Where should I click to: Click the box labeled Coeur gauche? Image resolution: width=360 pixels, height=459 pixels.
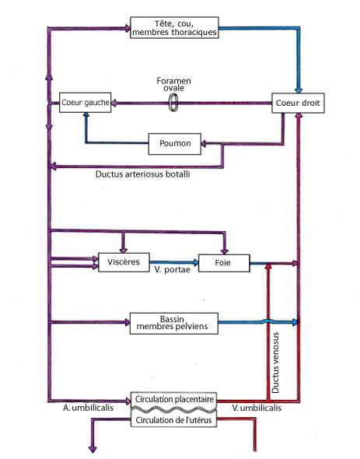pyautogui.click(x=86, y=103)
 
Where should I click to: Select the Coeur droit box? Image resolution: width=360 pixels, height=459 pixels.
pyautogui.click(x=298, y=103)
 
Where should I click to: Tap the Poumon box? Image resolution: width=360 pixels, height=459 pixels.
pyautogui.click(x=175, y=144)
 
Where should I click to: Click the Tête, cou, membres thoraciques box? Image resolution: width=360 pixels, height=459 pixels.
pyautogui.click(x=174, y=27)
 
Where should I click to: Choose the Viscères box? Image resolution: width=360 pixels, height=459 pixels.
pyautogui.click(x=124, y=262)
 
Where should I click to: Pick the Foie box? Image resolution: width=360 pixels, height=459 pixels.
pyautogui.click(x=224, y=263)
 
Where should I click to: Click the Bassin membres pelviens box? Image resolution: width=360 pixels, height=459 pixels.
pyautogui.click(x=174, y=323)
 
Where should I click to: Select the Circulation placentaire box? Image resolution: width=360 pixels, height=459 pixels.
pyautogui.click(x=174, y=399)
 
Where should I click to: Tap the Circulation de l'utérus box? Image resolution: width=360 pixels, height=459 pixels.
pyautogui.click(x=173, y=420)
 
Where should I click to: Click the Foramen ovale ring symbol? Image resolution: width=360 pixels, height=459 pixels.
pyautogui.click(x=173, y=103)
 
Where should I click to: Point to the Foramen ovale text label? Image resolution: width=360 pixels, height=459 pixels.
pyautogui.click(x=173, y=84)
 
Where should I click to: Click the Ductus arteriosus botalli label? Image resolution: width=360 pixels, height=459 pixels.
pyautogui.click(x=143, y=174)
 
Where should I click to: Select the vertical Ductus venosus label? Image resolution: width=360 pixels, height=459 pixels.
pyautogui.click(x=275, y=363)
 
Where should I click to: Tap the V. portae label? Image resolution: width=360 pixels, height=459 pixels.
pyautogui.click(x=172, y=270)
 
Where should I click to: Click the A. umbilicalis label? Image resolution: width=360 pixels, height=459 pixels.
pyautogui.click(x=88, y=408)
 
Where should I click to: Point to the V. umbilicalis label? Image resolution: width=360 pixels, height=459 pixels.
pyautogui.click(x=257, y=408)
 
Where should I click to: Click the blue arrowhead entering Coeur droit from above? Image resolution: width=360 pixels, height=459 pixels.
pyautogui.click(x=299, y=90)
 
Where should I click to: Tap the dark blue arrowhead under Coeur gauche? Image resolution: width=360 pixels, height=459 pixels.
pyautogui.click(x=86, y=115)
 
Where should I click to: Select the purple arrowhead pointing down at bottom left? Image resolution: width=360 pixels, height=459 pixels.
pyautogui.click(x=93, y=449)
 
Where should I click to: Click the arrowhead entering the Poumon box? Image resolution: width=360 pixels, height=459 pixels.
pyautogui.click(x=204, y=144)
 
